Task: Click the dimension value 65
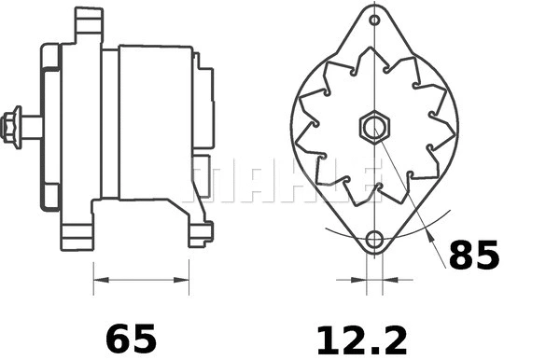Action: click(130, 335)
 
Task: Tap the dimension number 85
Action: click(473, 255)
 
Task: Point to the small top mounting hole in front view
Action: click(374, 20)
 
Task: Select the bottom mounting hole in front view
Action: click(374, 239)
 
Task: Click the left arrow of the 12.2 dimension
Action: click(358, 277)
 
